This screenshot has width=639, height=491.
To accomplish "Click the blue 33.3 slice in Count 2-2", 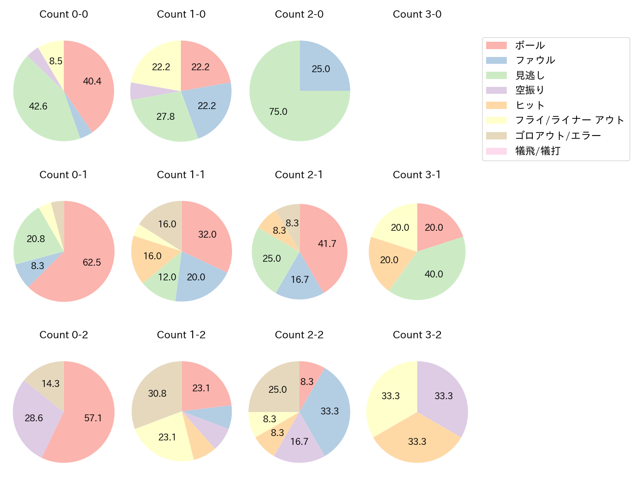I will point(329,411).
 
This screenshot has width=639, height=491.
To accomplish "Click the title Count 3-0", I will point(417,14).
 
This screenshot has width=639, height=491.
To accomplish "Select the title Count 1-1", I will point(181,175).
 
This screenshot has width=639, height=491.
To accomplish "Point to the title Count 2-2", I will point(299,335).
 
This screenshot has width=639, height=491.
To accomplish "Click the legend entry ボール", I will point(529,46).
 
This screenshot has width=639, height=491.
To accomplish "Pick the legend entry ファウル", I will point(535,60).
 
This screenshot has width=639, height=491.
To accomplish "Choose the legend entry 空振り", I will point(529,90).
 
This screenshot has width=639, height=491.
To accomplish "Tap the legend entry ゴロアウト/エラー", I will point(558,136).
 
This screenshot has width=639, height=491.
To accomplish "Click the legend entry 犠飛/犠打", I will point(537,151).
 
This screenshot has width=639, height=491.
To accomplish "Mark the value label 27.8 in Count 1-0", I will point(166,117).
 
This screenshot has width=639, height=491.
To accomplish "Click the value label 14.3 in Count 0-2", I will point(51,384).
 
